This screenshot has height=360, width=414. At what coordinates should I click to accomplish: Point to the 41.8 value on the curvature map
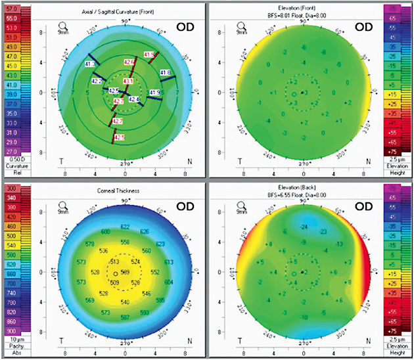(165, 72)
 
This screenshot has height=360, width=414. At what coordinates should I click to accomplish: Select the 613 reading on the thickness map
(168, 262)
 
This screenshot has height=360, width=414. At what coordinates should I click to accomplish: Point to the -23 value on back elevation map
(323, 232)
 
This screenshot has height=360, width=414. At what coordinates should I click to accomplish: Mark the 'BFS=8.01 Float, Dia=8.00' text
(304, 13)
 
